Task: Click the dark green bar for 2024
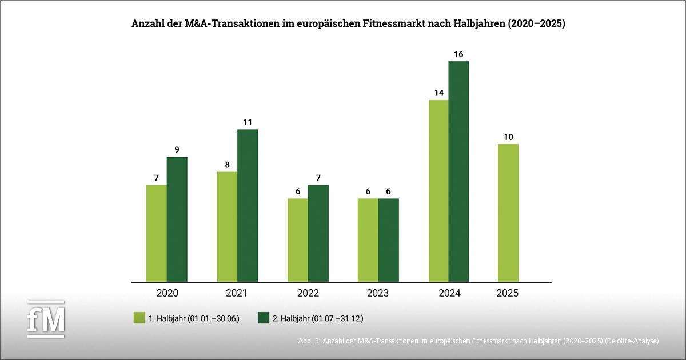click(458, 171)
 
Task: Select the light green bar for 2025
click(508, 213)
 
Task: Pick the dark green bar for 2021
click(248, 206)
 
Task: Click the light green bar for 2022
click(298, 240)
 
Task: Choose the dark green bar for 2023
click(389, 240)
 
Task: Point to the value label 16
click(458, 54)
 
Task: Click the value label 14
click(438, 93)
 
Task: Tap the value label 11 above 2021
click(248, 122)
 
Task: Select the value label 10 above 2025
click(508, 137)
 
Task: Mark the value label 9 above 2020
click(177, 150)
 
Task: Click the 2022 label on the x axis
click(308, 293)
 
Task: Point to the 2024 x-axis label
click(449, 293)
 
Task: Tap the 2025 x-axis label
click(508, 293)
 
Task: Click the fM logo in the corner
click(47, 318)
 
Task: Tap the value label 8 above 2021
click(227, 164)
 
